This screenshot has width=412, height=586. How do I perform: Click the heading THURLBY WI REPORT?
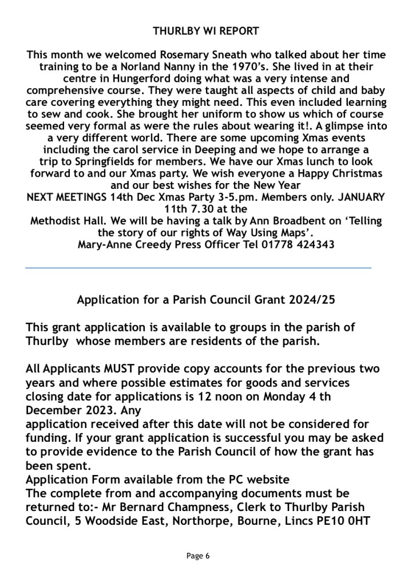click(x=206, y=31)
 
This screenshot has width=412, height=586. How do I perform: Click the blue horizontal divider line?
click(x=199, y=268)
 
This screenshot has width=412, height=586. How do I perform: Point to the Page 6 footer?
click(x=199, y=556)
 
